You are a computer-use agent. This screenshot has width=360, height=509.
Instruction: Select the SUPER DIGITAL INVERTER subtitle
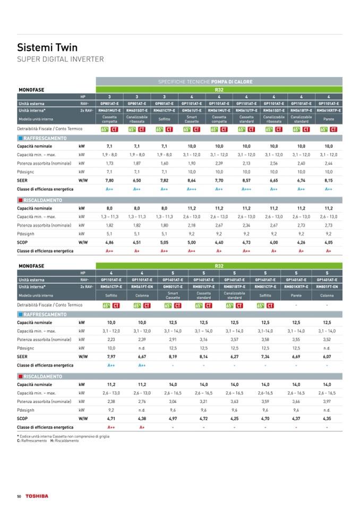pyautogui.click(x=61, y=59)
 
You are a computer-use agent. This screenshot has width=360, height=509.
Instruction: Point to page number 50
pyautogui.click(x=19, y=496)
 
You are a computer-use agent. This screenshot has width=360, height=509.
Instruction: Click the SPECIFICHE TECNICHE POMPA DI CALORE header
pyautogui.click(x=205, y=82)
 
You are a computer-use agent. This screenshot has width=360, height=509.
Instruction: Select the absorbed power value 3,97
pyautogui.click(x=327, y=401)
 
